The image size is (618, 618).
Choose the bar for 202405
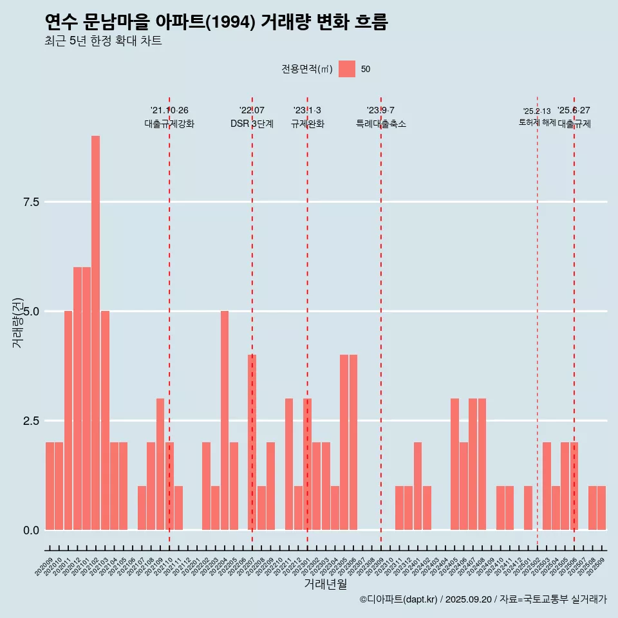pyautogui.click(x=454, y=464)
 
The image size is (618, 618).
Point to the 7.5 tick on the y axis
pyautogui.click(x=31, y=202)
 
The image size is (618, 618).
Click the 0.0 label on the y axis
pyautogui.click(x=31, y=530)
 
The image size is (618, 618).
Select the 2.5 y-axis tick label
pyautogui.click(x=31, y=421)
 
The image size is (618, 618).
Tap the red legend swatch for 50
pyautogui.click(x=347, y=69)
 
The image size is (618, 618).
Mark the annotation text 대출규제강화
pyautogui.click(x=169, y=124)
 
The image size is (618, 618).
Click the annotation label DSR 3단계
pyautogui.click(x=252, y=124)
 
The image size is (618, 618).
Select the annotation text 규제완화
pyautogui.click(x=307, y=124)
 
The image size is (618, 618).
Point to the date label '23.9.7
pyautogui.click(x=380, y=111)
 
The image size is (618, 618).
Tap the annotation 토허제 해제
pyautogui.click(x=537, y=122)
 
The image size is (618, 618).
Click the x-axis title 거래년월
pyautogui.click(x=325, y=584)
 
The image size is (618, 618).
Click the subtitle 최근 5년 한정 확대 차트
pyautogui.click(x=103, y=41)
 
